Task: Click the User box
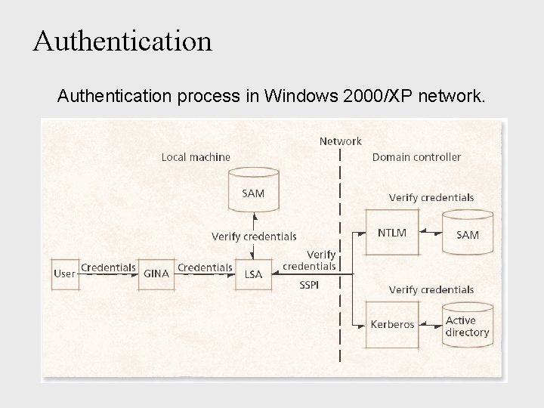tap(65, 274)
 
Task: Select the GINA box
tap(156, 274)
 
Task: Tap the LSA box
tap(253, 274)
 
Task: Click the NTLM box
tap(392, 233)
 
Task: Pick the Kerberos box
tap(392, 325)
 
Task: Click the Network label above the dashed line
tap(340, 141)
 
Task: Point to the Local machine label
tap(196, 157)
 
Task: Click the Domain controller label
tap(416, 157)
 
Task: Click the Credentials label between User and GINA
tap(107, 267)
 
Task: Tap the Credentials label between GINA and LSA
tap(205, 267)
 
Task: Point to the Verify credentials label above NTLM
tap(431, 198)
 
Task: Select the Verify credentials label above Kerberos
tap(431, 289)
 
